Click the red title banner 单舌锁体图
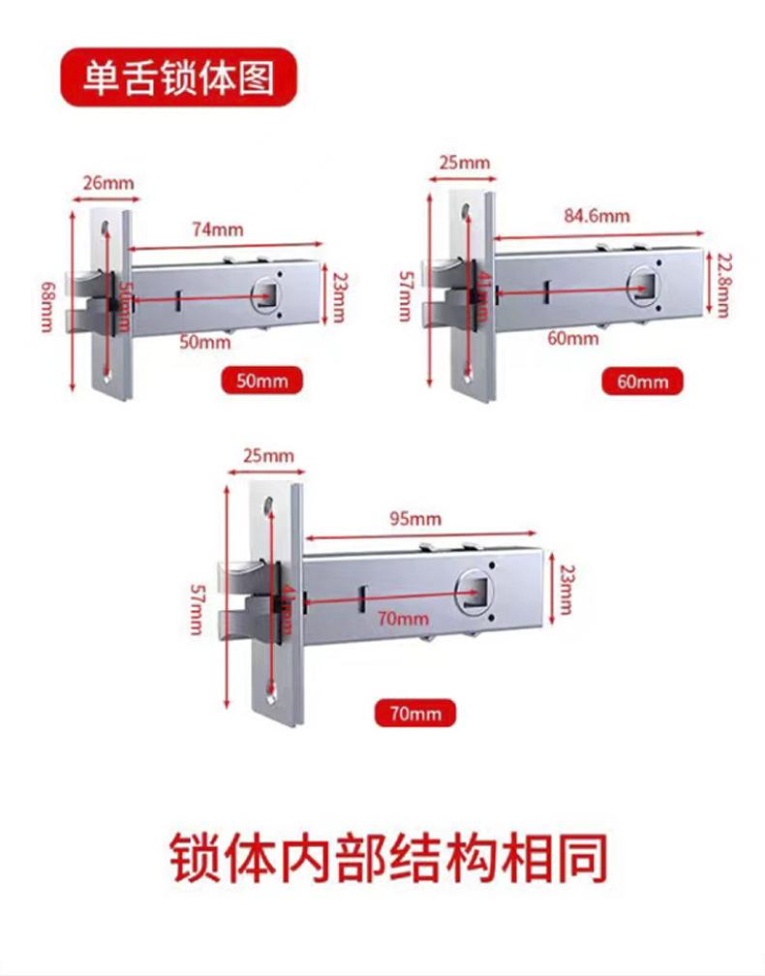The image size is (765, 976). click(177, 78)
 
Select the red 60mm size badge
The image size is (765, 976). click(642, 381)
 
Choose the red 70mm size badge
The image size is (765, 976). click(414, 715)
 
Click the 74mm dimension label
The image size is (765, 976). click(217, 229)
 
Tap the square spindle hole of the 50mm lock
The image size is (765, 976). click(266, 291)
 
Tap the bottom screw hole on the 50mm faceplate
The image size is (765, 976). click(107, 376)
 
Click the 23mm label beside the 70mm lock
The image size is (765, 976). click(567, 590)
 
